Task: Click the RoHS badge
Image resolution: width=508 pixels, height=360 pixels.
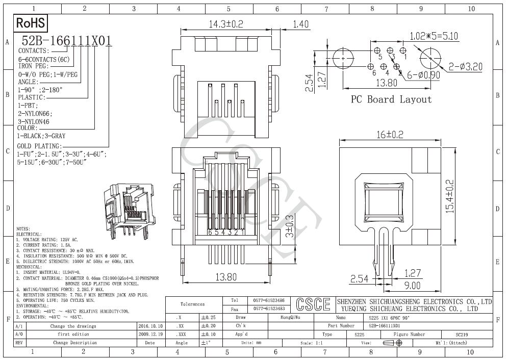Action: coord(31,23)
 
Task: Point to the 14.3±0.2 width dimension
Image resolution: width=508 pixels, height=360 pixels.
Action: coord(226,24)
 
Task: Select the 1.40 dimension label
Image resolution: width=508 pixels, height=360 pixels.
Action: coord(301,24)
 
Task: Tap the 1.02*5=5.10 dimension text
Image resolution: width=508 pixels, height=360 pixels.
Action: coord(434,37)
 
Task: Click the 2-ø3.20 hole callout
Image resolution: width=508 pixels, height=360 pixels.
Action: coord(466,67)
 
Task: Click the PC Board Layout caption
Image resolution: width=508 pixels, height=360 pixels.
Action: coord(391,99)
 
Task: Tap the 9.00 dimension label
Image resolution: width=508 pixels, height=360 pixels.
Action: coord(412,286)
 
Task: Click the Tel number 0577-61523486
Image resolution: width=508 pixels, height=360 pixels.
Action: coord(269,301)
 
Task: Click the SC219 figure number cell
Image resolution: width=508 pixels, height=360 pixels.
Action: coord(462,335)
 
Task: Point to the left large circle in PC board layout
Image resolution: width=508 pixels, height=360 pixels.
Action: coord(344,59)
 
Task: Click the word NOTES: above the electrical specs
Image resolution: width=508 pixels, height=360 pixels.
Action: coord(23,228)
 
